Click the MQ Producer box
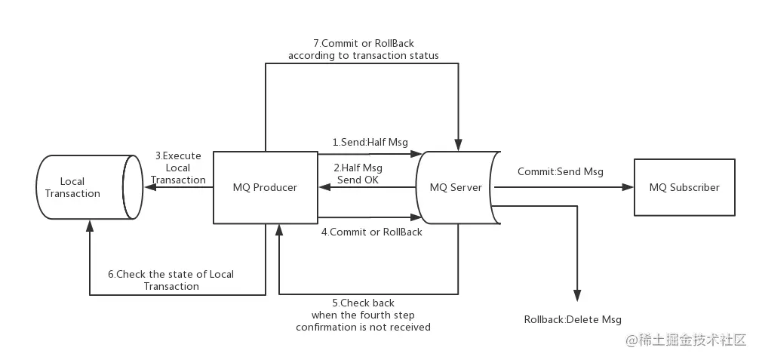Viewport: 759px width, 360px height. tap(265, 187)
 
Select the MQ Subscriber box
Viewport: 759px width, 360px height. tap(684, 187)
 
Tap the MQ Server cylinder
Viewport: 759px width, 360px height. tap(456, 187)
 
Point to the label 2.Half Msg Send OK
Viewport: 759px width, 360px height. tap(358, 174)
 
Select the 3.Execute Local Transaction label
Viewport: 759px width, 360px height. tap(178, 168)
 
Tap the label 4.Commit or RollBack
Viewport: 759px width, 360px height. tap(372, 232)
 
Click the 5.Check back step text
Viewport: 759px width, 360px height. tap(363, 315)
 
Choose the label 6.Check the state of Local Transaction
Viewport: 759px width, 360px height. tap(171, 280)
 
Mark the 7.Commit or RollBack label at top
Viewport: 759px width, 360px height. tap(363, 49)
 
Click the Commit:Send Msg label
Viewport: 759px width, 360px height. tap(560, 171)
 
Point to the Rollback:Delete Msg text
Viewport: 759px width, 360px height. tap(573, 319)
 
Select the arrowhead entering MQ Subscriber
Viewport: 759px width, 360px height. tap(628, 187)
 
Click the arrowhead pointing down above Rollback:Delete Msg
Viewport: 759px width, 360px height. tap(577, 297)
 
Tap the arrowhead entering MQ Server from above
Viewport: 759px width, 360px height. tap(458, 145)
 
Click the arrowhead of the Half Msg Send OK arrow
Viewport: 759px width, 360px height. tap(323, 187)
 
